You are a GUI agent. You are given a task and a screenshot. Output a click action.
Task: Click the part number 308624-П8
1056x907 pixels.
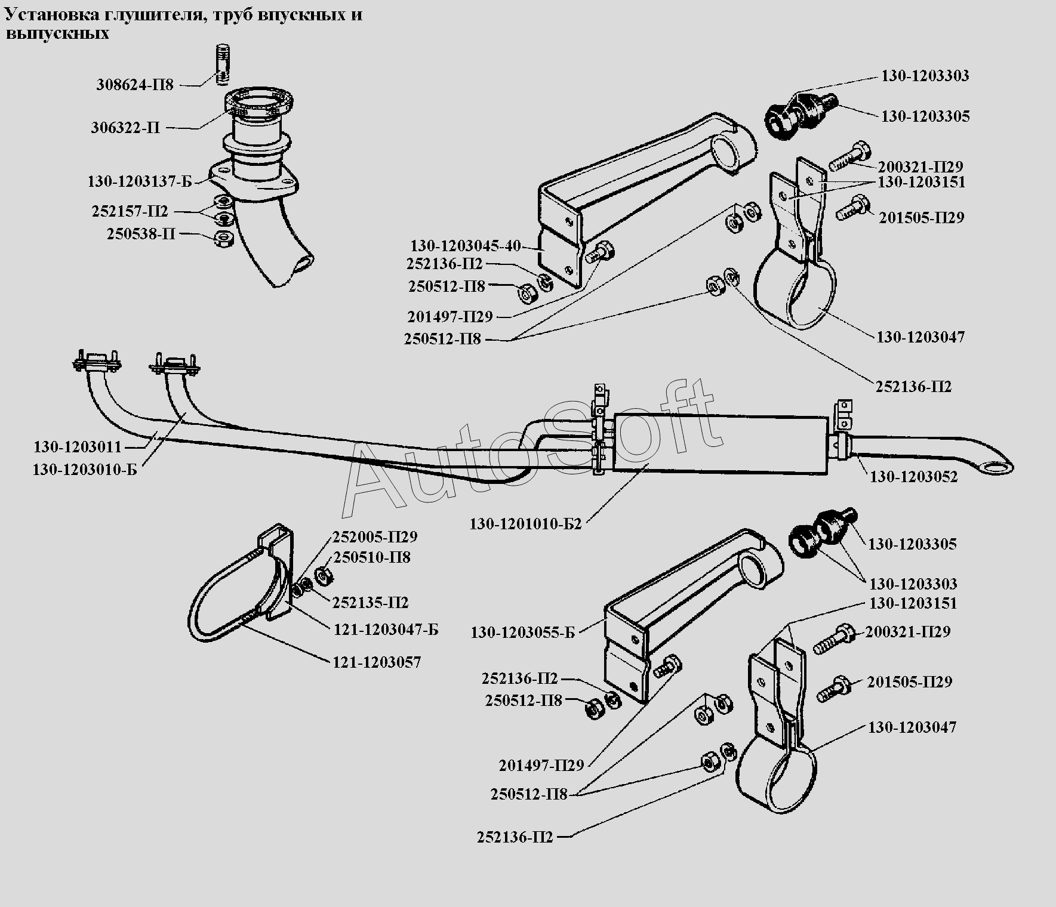(135, 85)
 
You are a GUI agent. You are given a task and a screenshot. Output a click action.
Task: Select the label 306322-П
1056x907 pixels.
(125, 128)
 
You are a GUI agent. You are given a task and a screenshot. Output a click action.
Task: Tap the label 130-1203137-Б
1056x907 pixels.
(140, 181)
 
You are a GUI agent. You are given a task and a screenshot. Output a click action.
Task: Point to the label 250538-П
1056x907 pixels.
(141, 234)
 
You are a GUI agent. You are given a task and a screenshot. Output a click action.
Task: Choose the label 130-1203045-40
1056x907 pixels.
(465, 246)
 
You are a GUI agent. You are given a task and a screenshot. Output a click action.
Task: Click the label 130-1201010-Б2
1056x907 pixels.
(525, 525)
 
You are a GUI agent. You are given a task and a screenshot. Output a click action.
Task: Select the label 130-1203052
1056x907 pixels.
(913, 477)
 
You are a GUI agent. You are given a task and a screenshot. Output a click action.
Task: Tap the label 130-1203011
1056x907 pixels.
(78, 447)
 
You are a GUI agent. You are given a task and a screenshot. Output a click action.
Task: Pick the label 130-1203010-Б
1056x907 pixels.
(85, 470)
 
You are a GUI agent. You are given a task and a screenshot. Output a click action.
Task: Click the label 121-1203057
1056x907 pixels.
(376, 662)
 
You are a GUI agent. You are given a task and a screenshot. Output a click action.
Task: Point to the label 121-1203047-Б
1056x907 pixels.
(386, 630)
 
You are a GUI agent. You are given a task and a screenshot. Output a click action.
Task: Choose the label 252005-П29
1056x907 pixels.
(375, 536)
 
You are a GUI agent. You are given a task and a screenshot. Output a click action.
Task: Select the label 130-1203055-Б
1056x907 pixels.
(523, 633)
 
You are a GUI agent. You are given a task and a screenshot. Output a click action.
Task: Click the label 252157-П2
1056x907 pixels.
(130, 211)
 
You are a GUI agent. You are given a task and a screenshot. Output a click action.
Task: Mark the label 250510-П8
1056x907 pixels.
(372, 558)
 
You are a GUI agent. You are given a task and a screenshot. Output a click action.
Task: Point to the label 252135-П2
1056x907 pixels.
(370, 602)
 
